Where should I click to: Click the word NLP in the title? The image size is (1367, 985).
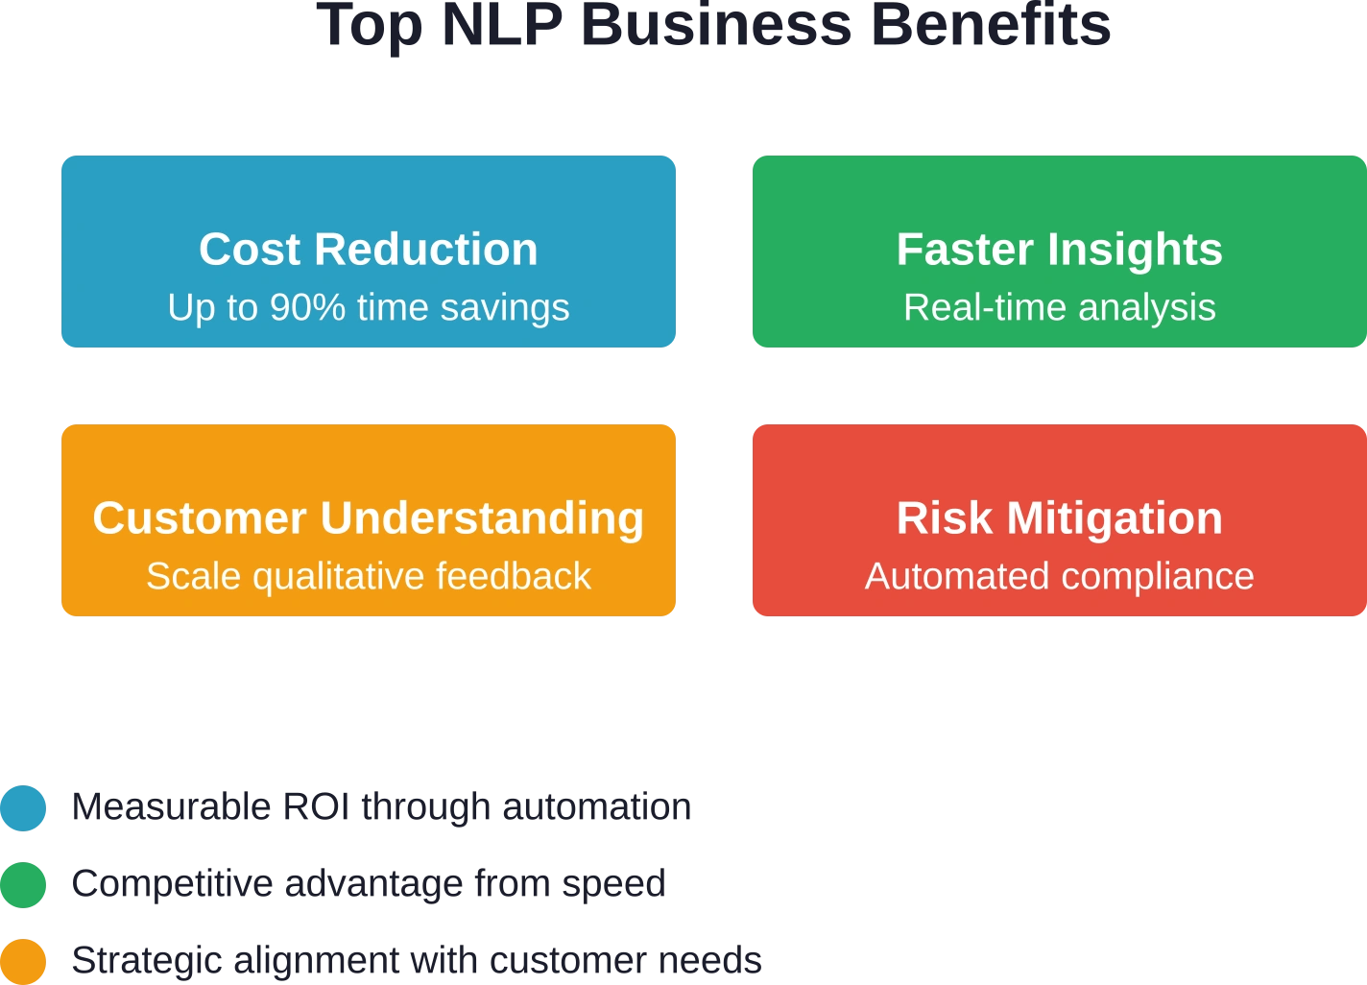(502, 25)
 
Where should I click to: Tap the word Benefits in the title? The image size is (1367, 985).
(991, 25)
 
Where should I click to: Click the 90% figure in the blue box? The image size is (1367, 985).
(307, 307)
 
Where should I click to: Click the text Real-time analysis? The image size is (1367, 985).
(1060, 307)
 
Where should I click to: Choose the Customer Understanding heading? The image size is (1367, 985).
(368, 518)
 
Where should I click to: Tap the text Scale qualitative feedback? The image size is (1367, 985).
(369, 575)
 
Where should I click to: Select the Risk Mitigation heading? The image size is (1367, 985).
(1060, 518)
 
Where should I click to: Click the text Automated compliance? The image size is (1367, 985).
(1060, 575)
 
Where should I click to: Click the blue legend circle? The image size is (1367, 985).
(23, 808)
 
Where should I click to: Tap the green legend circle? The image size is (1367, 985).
(23, 885)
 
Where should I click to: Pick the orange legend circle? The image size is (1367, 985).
(23, 962)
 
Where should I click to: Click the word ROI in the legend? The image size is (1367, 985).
(316, 806)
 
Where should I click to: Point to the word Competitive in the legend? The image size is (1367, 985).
(172, 883)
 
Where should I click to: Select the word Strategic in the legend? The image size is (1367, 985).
(147, 960)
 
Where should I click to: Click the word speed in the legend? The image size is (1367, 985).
(613, 884)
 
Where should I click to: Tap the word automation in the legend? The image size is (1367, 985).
(596, 806)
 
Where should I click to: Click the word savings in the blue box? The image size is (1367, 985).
(505, 308)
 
